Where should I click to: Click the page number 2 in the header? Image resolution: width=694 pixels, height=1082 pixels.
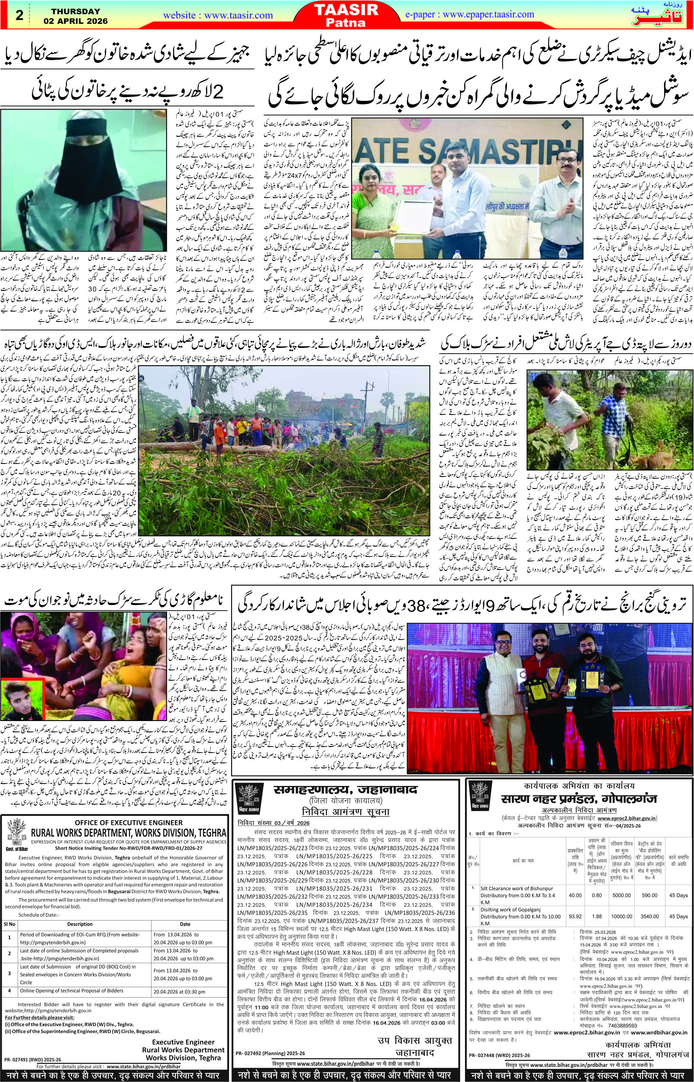pyautogui.click(x=19, y=15)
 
